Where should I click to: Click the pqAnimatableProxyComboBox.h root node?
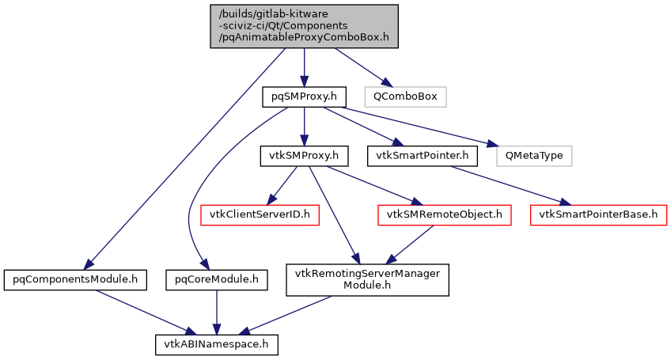click(x=304, y=26)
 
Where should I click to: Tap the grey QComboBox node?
click(x=405, y=97)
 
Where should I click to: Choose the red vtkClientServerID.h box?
click(x=259, y=214)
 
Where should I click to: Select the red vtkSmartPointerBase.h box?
click(x=599, y=214)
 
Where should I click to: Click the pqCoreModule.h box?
click(x=216, y=279)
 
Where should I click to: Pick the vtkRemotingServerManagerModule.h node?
click(x=368, y=279)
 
